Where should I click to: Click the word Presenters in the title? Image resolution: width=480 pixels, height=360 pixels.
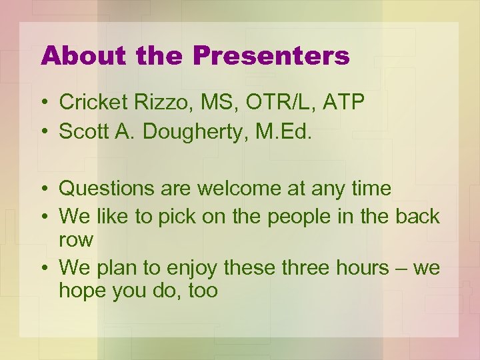click(271, 56)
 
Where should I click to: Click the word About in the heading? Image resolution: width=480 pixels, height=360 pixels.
click(83, 56)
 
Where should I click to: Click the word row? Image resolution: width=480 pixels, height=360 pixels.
click(74, 240)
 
